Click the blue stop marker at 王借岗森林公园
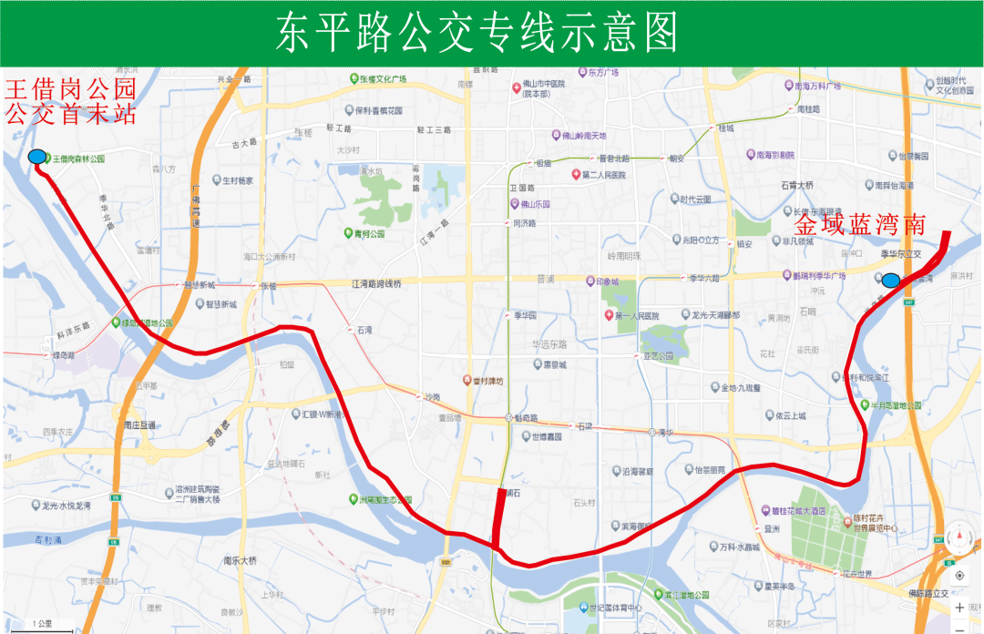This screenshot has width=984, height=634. (x=37, y=157)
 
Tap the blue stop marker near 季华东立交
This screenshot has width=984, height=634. (x=890, y=280)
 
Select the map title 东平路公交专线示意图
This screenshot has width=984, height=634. (x=477, y=34)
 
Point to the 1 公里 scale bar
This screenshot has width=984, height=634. (x=42, y=626)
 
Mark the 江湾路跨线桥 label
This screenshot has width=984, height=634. (x=375, y=284)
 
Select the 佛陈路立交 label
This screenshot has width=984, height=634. (x=930, y=594)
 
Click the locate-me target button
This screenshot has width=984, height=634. (x=959, y=576)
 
